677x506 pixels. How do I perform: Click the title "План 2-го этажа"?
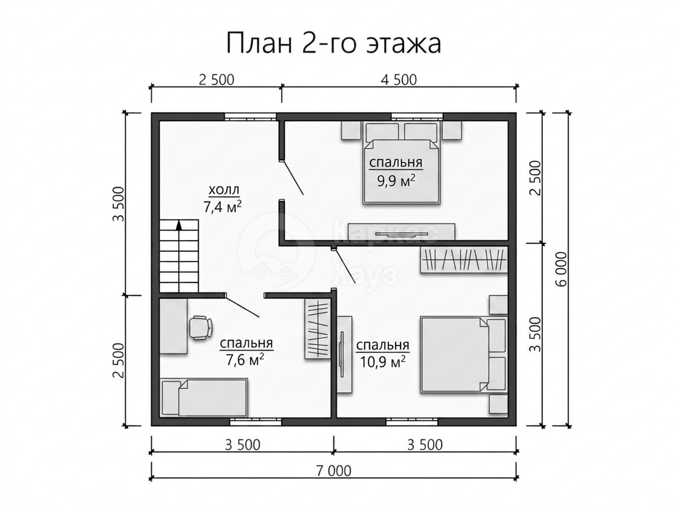(x=333, y=43)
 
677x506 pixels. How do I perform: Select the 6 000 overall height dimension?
(x=561, y=269)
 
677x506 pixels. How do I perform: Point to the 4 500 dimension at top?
(x=398, y=80)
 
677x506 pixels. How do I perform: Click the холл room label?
(x=223, y=190)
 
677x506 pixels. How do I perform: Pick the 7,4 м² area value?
(x=222, y=207)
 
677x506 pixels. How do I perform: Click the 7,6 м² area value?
(x=245, y=359)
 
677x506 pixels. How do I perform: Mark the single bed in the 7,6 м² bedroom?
(x=204, y=398)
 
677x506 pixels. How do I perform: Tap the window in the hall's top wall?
(x=250, y=116)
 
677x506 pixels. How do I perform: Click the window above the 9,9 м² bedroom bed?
(x=417, y=116)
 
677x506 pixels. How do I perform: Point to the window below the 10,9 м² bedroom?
(x=412, y=421)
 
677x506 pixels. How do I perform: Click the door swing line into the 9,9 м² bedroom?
(x=293, y=177)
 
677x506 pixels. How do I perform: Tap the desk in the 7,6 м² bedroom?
(x=173, y=326)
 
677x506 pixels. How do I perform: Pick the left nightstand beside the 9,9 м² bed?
(x=351, y=130)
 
